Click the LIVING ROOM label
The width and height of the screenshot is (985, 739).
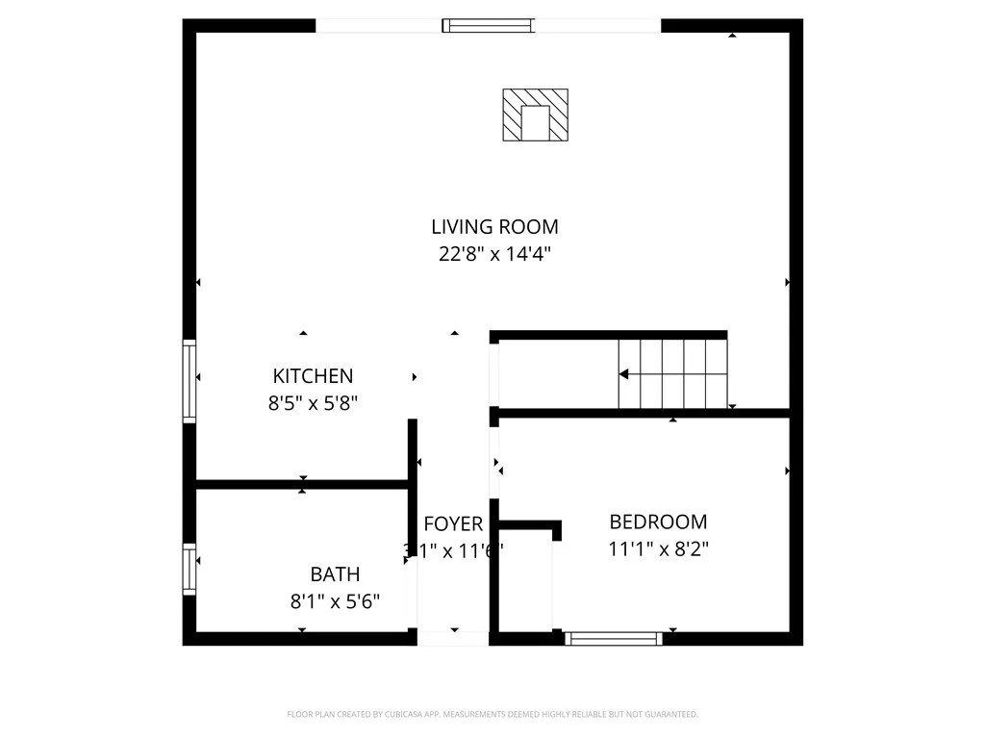(x=494, y=227)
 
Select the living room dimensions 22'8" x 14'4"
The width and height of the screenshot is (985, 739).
(x=494, y=255)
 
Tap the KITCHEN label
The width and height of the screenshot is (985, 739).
(x=313, y=376)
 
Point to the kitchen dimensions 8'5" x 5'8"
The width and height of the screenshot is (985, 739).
(x=313, y=404)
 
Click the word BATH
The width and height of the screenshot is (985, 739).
(x=335, y=574)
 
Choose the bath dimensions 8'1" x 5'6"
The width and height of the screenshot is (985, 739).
(x=335, y=602)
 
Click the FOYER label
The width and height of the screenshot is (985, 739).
(x=453, y=524)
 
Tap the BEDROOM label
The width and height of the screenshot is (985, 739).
(x=658, y=522)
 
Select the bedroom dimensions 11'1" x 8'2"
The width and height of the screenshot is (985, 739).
(x=658, y=549)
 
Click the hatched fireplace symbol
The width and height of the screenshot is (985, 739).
(x=535, y=115)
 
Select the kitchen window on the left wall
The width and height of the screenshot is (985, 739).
(x=189, y=381)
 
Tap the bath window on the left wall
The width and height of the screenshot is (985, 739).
(x=189, y=570)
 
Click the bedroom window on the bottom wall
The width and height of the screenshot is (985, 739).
(x=614, y=638)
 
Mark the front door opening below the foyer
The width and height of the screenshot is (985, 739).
(x=453, y=638)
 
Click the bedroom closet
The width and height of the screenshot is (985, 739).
(x=525, y=582)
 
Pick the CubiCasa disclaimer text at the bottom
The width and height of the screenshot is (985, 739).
(x=492, y=714)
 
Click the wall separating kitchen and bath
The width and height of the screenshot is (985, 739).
(x=302, y=484)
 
